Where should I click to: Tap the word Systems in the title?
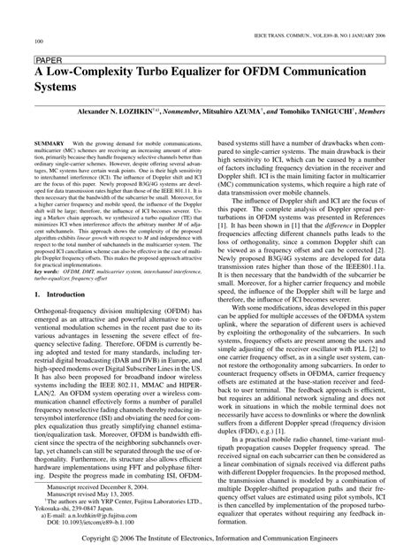pos(56,90)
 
